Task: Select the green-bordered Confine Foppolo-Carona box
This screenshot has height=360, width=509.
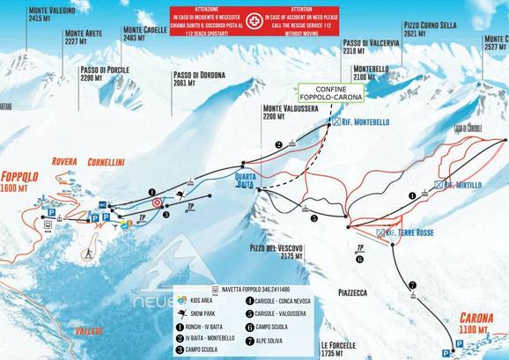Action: click(331, 93)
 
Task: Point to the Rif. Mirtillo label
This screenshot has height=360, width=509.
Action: click(461, 185)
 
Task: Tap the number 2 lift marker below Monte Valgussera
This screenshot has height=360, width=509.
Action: click(278, 144)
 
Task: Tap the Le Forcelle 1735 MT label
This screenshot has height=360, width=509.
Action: click(337, 349)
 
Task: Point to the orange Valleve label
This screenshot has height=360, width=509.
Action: click(89, 331)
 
